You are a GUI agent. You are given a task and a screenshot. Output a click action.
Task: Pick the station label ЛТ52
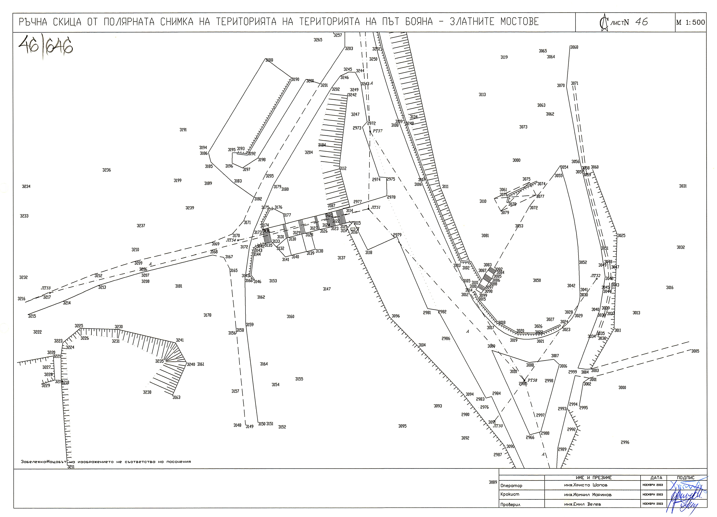click(x=595, y=276)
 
